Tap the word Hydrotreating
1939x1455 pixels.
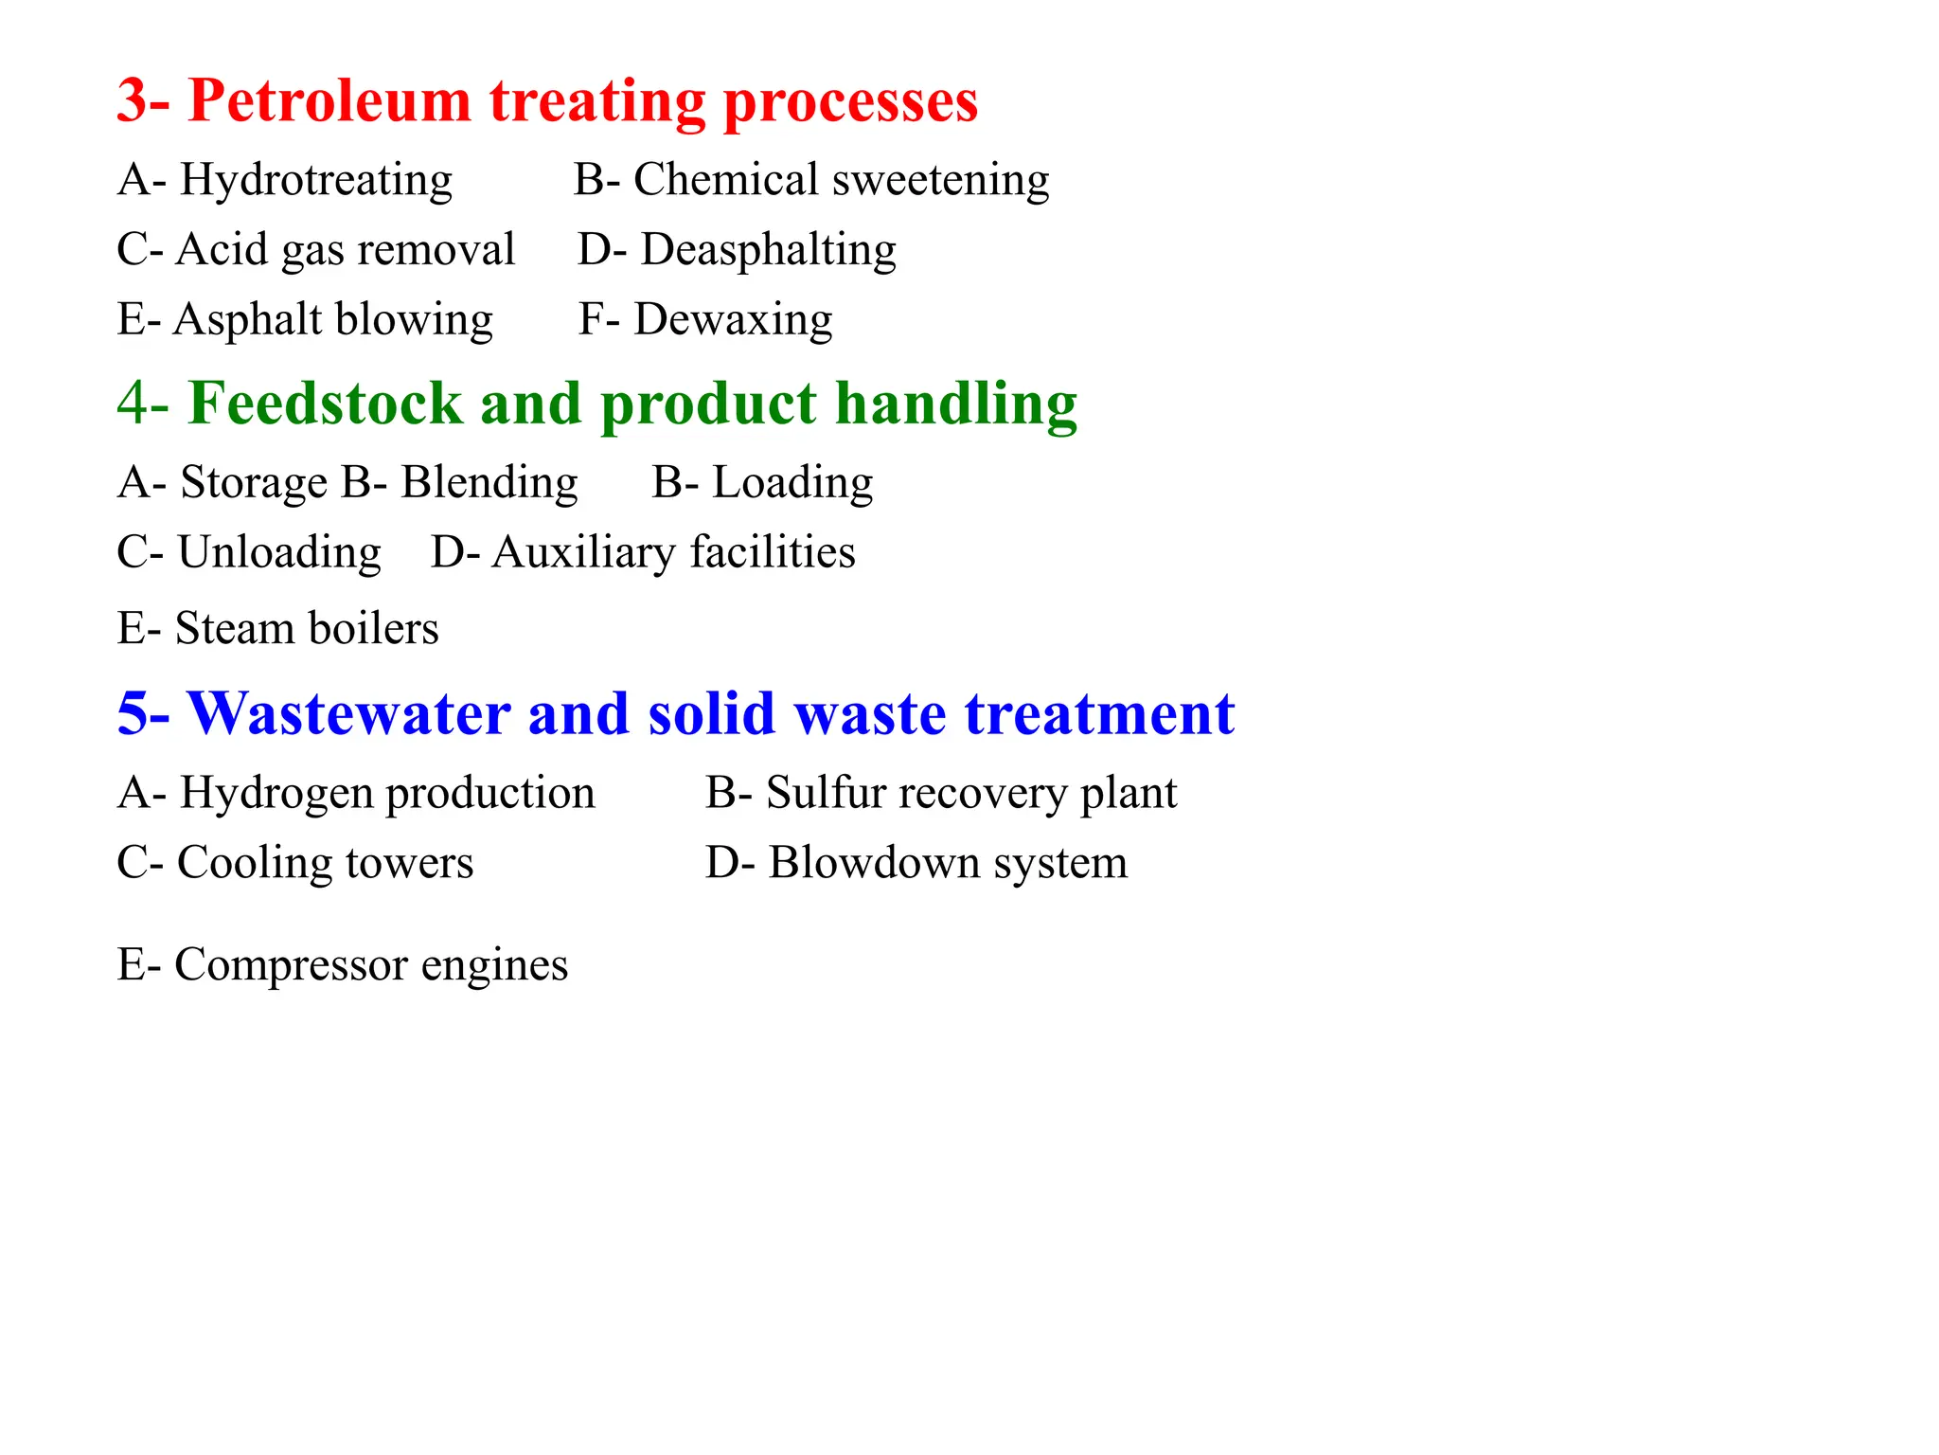(x=316, y=180)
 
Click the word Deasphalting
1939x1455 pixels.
(x=768, y=250)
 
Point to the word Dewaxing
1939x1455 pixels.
(x=733, y=319)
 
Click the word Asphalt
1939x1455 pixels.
(x=248, y=319)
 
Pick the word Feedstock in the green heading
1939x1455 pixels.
(x=325, y=404)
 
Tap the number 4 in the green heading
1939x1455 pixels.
(x=133, y=404)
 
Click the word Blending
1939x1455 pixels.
(x=489, y=482)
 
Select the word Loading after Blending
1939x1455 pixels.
(x=792, y=482)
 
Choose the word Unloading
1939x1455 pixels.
(x=279, y=552)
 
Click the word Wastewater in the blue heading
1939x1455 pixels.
(x=348, y=713)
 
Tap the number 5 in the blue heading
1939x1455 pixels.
(x=133, y=713)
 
